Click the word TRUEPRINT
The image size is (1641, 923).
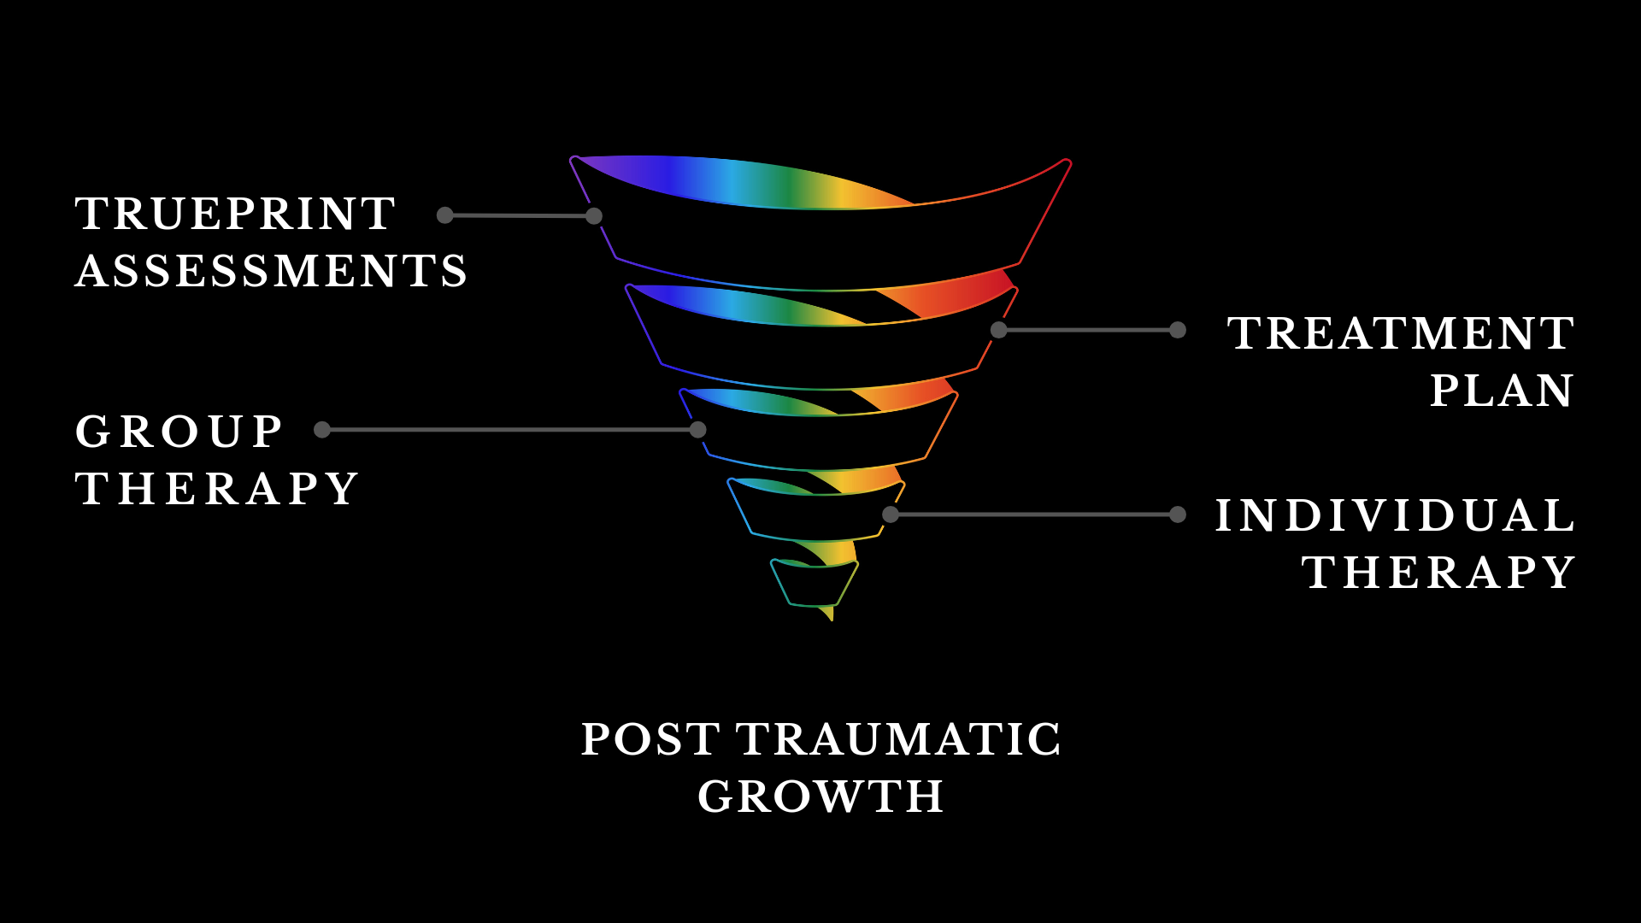(236, 214)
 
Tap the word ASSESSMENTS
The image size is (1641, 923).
(272, 271)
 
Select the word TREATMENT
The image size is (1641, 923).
(1400, 333)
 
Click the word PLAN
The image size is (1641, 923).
(1501, 391)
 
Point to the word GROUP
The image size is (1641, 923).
(179, 432)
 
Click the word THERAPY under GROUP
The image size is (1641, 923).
(217, 489)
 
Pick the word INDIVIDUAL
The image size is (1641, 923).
(1395, 515)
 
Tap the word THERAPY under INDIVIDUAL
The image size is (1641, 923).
(1438, 573)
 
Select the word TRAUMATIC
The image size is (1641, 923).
(898, 739)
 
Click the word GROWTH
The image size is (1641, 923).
(820, 797)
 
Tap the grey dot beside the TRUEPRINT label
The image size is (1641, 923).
(445, 215)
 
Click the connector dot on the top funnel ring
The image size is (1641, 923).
(594, 216)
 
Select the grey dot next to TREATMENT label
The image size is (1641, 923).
(1178, 330)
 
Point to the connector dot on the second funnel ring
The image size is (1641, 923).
(998, 330)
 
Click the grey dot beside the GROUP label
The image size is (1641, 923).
(322, 430)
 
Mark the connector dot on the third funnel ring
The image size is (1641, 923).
(698, 430)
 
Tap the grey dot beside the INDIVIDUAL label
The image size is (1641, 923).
(1178, 514)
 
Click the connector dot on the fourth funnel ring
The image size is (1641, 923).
(891, 514)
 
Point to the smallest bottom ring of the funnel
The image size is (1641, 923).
(814, 585)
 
